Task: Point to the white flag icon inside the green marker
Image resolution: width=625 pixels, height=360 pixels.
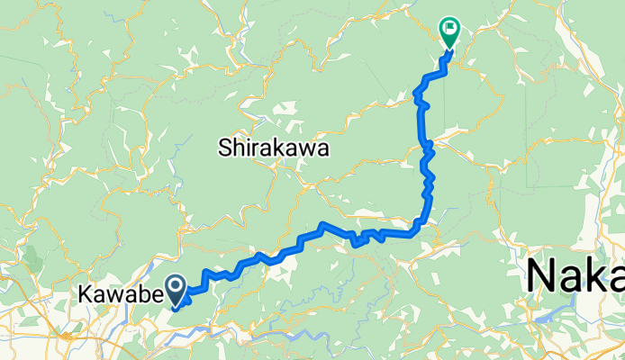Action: (448, 28)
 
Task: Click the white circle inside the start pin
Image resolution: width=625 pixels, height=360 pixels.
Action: (177, 286)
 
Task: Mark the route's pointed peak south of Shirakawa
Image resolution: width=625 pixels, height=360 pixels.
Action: (322, 224)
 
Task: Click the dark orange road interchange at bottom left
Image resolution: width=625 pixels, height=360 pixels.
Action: (67, 337)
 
